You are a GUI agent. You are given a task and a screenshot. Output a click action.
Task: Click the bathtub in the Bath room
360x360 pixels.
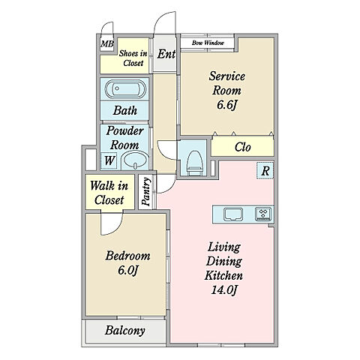pos(125,89)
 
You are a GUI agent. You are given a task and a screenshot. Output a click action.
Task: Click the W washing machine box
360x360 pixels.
pos(109,160)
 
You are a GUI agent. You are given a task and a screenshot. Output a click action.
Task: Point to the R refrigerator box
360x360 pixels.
pos(265,171)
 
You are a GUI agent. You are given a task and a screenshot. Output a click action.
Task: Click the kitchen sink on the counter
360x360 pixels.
pos(233,214)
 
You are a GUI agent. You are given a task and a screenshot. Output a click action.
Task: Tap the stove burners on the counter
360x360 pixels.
pos(263,214)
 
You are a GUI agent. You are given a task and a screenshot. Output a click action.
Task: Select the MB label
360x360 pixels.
pos(107,44)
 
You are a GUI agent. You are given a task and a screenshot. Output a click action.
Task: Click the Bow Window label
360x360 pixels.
pos(208,43)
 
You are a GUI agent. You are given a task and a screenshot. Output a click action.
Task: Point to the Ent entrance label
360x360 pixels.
pos(166,54)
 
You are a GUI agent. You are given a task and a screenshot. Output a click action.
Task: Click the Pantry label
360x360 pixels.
pos(146,191)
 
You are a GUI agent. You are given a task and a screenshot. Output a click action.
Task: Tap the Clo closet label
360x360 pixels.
pos(242,147)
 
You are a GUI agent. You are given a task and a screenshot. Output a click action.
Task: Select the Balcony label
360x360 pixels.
pos(124,330)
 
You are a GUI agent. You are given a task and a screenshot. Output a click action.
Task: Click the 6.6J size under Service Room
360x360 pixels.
pos(226,105)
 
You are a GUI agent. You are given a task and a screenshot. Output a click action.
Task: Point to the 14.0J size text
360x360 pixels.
pos(223,290)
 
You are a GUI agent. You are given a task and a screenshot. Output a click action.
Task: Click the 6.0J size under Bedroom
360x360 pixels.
pos(127,270)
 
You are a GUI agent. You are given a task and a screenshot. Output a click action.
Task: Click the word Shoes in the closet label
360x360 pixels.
pos(129,53)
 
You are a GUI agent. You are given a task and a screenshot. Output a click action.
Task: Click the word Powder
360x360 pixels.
pos(124,131)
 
